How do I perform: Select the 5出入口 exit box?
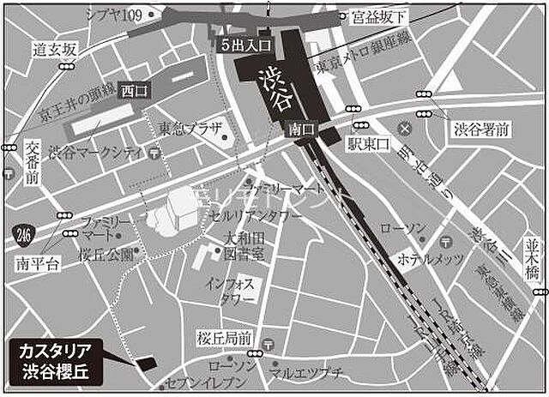click(x=245, y=44)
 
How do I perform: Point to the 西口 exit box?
click(x=134, y=89)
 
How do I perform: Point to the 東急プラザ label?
click(x=191, y=129)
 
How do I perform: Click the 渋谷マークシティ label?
click(x=95, y=153)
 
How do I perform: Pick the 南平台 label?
click(x=38, y=265)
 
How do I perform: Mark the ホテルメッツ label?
click(x=430, y=258)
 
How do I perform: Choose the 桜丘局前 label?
click(x=223, y=335)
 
